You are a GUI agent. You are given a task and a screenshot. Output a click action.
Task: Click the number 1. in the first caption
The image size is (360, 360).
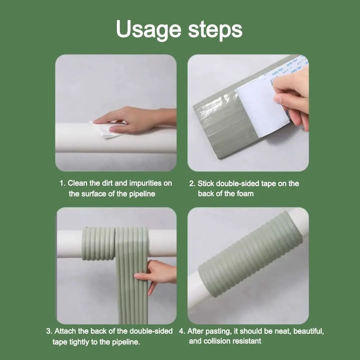pyautogui.click(x=63, y=183)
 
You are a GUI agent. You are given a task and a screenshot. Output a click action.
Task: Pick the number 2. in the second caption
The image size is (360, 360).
pyautogui.click(x=192, y=184)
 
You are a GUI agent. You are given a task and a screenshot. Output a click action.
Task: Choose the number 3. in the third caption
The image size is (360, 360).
pyautogui.click(x=49, y=331)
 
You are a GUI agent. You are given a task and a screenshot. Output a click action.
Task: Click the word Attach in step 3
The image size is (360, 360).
pyautogui.click(x=66, y=331)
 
